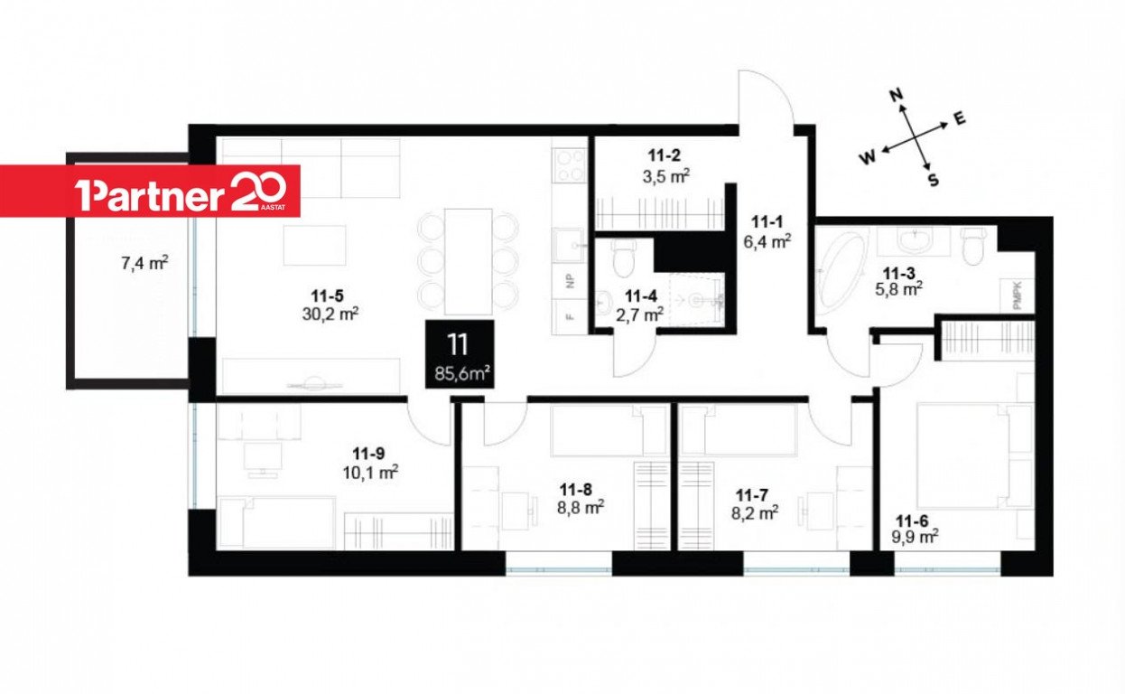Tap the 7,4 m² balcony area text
(x=144, y=263)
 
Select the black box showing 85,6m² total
(x=460, y=354)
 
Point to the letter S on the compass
(x=934, y=180)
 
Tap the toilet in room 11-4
(x=624, y=258)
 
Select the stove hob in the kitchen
(x=570, y=165)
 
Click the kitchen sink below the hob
(x=569, y=245)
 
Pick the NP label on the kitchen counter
(x=570, y=281)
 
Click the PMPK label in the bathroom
(x=1018, y=296)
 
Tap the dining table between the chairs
(x=468, y=262)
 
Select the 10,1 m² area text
(x=370, y=473)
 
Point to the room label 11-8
(x=576, y=489)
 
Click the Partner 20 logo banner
(x=150, y=191)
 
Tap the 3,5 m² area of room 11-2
(x=665, y=176)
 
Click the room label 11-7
(x=752, y=495)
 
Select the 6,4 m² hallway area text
(x=767, y=241)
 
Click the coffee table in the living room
(x=315, y=245)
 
